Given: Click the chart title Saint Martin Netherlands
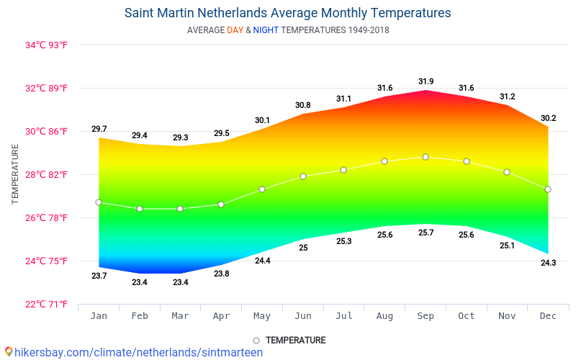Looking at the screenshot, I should tap(287, 13).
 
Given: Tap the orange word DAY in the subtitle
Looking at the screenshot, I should tap(235, 30).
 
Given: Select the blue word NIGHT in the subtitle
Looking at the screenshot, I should tap(265, 30).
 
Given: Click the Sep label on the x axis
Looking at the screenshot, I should tap(426, 316).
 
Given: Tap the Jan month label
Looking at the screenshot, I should tap(99, 316).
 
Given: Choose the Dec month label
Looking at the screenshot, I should tap(548, 316).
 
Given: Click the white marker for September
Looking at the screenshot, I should tap(426, 157).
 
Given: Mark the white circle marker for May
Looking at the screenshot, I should tap(262, 189).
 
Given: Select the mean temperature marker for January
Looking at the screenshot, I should tap(99, 202).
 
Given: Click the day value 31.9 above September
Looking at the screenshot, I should tap(426, 81).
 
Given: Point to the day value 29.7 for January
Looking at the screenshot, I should tap(99, 129).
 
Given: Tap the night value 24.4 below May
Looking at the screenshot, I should tap(262, 261).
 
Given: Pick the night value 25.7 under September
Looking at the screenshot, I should tap(426, 233).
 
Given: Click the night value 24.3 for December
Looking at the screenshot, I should tap(548, 263).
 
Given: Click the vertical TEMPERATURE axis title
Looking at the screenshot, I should tap(16, 174).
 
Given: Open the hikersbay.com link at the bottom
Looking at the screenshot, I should tap(134, 352).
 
